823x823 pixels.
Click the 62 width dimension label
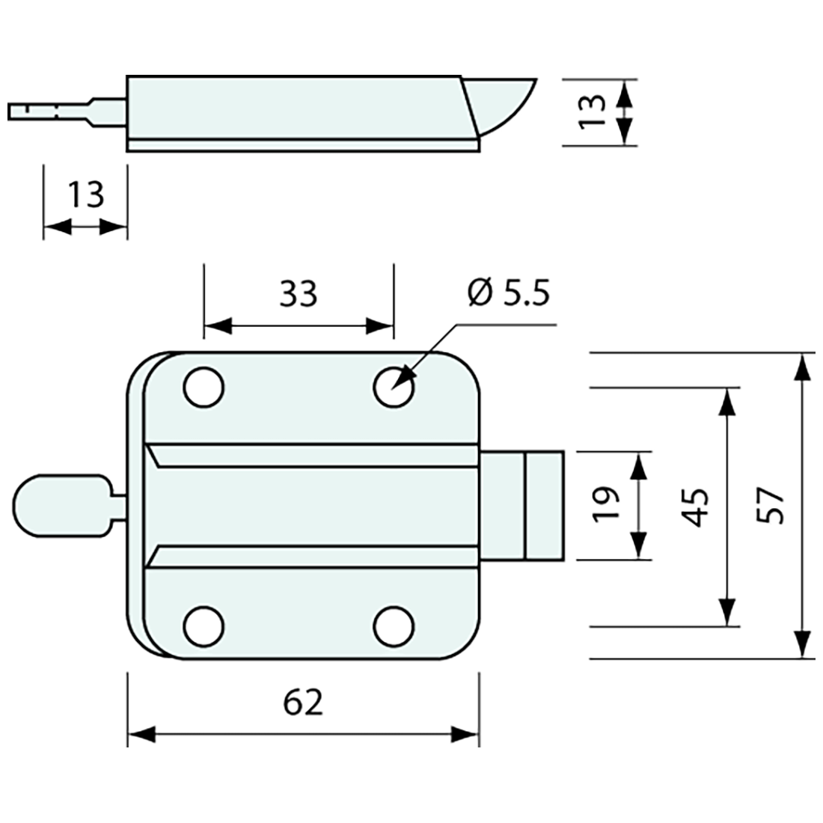pos(303,703)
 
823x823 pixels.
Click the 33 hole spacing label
pos(299,294)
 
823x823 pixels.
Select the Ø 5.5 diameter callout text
pos(508,293)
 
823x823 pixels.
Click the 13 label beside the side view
pos(593,111)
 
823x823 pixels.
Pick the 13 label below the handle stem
pos(85,195)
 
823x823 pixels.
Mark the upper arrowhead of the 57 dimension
pos(802,367)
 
